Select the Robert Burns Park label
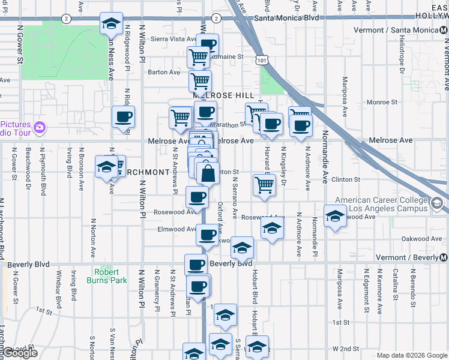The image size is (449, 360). [110, 276]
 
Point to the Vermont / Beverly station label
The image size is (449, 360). [412, 258]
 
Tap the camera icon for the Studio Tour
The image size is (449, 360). [40, 127]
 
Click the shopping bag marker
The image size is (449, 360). [208, 174]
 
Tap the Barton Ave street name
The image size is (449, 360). [164, 73]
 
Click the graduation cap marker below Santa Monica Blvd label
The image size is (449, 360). [111, 24]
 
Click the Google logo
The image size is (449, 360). [20, 353]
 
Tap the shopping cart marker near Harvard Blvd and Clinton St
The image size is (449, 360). [264, 185]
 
